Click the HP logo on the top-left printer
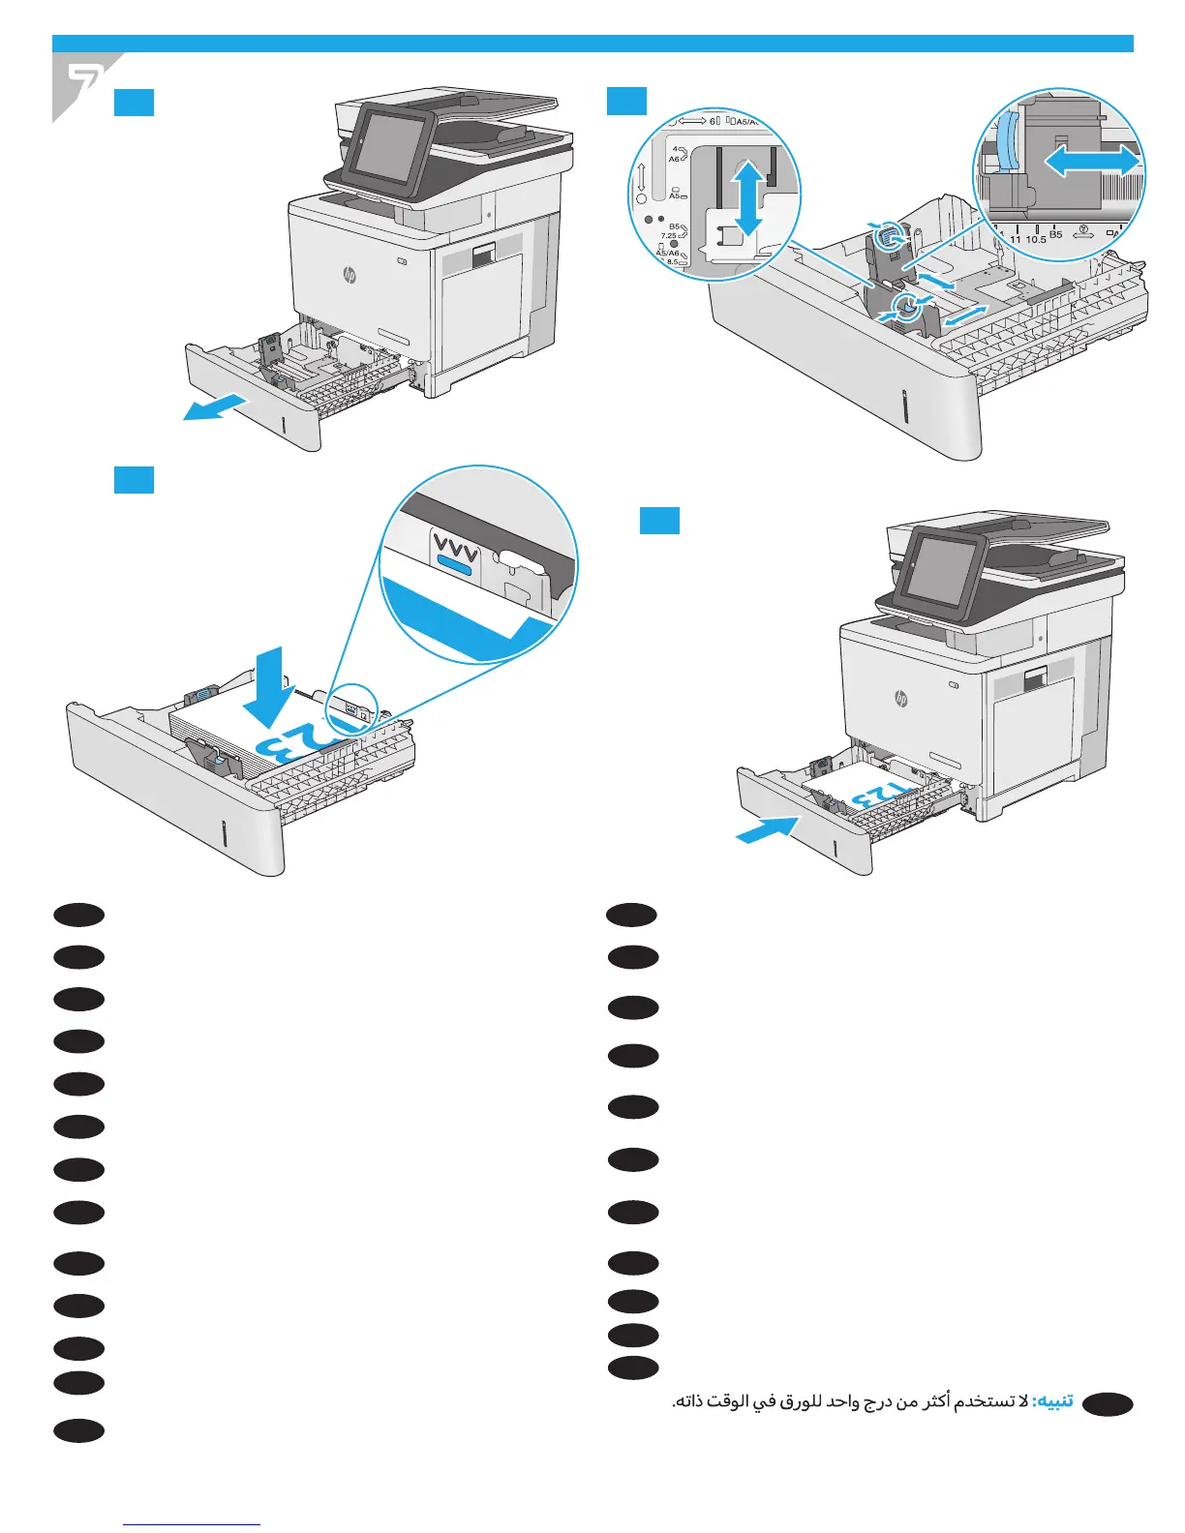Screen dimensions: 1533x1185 point(349,276)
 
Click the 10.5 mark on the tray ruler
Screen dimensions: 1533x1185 point(1036,238)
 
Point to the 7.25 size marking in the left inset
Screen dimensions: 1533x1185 point(669,235)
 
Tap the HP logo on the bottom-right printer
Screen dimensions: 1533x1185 point(901,698)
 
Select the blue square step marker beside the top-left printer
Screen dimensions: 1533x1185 point(134,103)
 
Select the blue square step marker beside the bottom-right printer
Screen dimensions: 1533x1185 point(659,521)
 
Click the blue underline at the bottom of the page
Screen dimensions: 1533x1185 point(193,1524)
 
